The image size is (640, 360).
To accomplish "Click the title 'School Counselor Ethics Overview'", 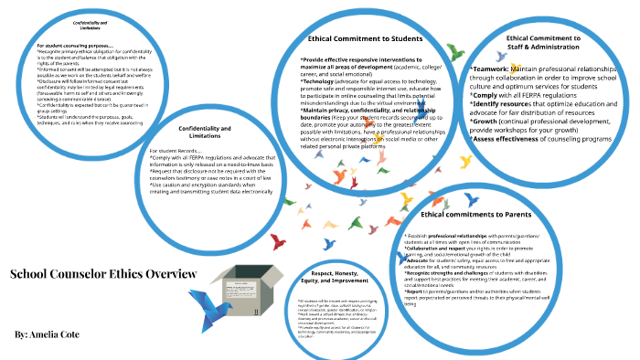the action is [102, 273].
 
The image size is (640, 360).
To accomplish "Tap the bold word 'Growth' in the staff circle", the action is [488, 118].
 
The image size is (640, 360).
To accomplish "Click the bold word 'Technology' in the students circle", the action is [321, 80].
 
